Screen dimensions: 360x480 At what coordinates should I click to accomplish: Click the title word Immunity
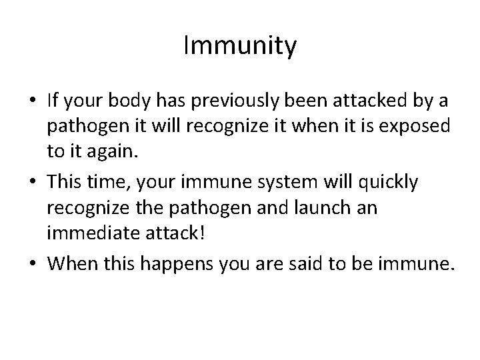(x=240, y=47)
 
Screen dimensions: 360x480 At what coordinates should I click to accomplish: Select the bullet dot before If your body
(x=31, y=101)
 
